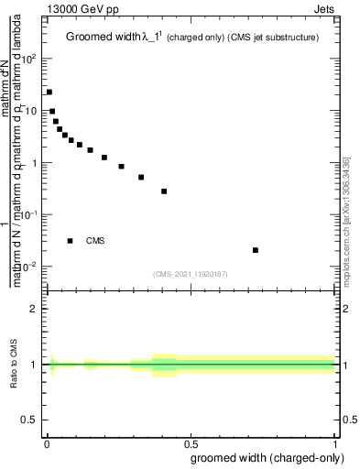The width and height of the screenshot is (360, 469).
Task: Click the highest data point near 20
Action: pyautogui.click(x=49, y=92)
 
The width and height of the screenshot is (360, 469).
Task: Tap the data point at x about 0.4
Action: pyautogui.click(x=164, y=191)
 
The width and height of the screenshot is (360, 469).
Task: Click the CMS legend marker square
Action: pyautogui.click(x=70, y=241)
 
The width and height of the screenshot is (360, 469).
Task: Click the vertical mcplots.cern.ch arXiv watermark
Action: pyautogui.click(x=345, y=220)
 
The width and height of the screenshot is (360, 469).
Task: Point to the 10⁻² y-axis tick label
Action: pyautogui.click(x=30, y=267)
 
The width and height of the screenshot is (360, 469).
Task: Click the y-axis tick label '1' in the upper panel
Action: pyautogui.click(x=36, y=163)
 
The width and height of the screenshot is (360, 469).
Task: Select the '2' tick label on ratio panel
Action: pyautogui.click(x=35, y=310)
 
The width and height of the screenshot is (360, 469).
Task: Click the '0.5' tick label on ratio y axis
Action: pyautogui.click(x=30, y=420)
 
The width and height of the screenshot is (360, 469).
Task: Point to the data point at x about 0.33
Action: pyautogui.click(x=141, y=178)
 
